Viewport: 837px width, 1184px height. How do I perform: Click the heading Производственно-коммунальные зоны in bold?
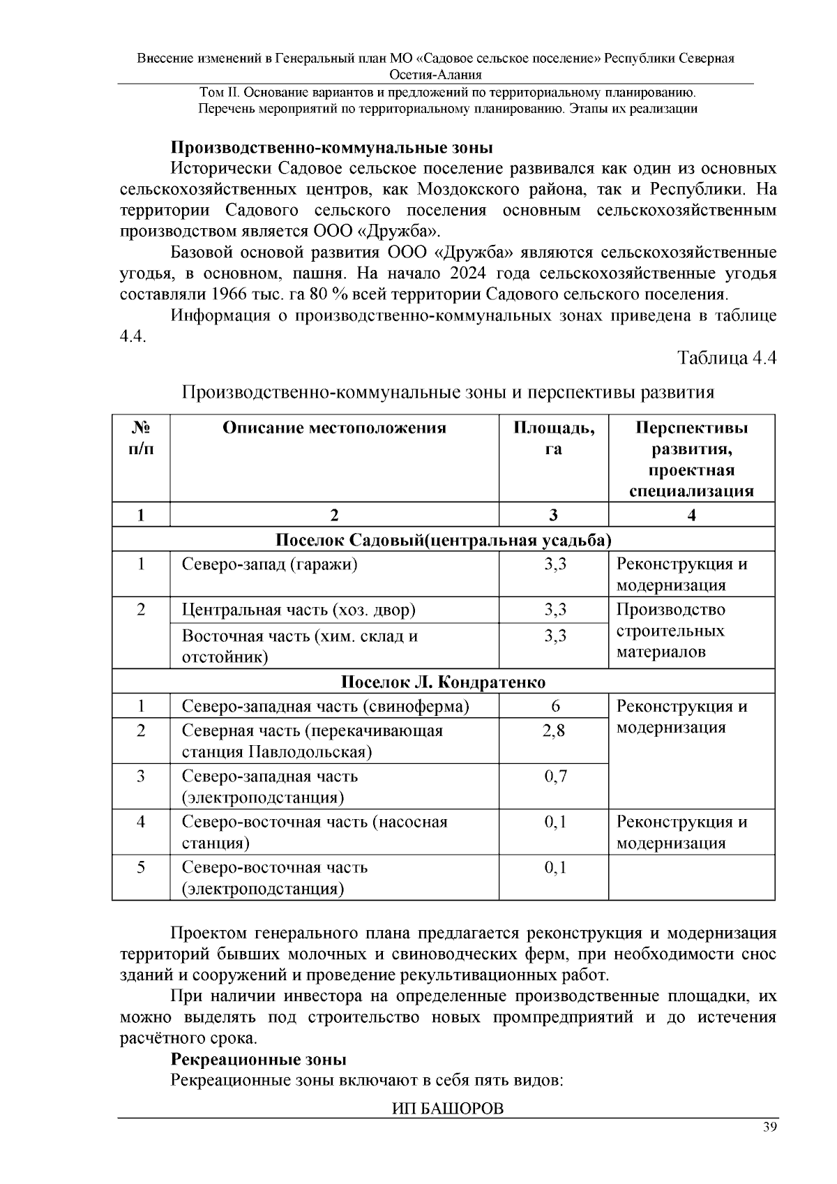332,148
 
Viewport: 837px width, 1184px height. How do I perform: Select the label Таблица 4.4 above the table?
727,358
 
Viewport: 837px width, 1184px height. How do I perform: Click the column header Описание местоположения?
334,428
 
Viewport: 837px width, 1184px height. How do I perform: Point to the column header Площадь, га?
554,438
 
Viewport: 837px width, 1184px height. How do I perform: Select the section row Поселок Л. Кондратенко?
443,682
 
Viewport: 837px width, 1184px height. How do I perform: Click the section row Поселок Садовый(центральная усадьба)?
443,540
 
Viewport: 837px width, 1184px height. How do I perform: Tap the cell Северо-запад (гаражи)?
270,564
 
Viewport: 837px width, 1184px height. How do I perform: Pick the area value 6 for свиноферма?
555,706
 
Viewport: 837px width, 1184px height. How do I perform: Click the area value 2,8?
555,730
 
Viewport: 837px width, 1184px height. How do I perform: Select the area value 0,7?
555,776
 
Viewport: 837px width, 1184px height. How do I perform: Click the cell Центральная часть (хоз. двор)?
299,610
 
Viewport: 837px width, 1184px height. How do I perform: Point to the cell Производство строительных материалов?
670,631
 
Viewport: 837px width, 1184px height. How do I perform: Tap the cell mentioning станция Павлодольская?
312,741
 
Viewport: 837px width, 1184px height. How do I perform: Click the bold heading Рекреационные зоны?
259,1060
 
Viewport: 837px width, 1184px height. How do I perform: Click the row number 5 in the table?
141,867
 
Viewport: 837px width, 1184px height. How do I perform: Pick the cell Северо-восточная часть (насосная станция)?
314,832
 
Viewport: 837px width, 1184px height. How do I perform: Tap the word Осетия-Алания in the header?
435,75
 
